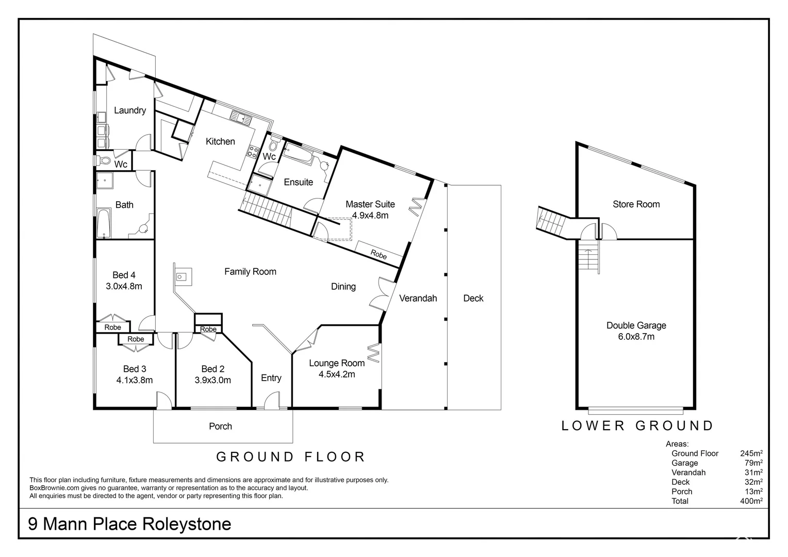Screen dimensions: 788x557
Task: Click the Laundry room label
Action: [x=129, y=110]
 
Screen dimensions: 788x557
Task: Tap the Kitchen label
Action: [x=220, y=141]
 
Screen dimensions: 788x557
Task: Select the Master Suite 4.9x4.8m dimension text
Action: [x=370, y=216]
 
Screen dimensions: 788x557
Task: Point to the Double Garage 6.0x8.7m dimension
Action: [x=636, y=337]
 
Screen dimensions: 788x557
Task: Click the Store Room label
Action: [x=636, y=204]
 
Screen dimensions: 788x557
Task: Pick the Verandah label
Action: [x=418, y=298]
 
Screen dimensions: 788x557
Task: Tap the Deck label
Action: [x=473, y=298]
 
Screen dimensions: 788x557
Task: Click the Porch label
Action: [x=220, y=427]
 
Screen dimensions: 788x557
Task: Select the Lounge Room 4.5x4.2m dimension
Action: [x=336, y=374]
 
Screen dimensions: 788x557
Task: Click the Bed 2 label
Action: [x=212, y=369]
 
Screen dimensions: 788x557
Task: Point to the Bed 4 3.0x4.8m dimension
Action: [x=124, y=286]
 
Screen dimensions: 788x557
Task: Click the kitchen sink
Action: [x=241, y=117]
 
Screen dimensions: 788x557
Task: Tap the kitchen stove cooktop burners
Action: [x=253, y=152]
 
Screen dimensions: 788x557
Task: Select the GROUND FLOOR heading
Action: [x=290, y=457]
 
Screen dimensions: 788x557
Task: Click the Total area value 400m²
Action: [x=751, y=501]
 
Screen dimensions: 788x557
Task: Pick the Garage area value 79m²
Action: [x=753, y=463]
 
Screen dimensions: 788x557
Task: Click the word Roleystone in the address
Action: [x=186, y=525]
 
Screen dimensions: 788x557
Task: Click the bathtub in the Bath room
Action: [x=104, y=222]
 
